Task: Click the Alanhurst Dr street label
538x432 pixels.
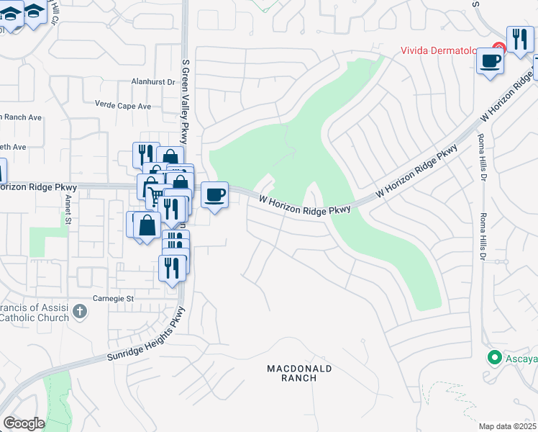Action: (153, 82)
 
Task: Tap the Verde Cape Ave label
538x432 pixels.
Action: (124, 106)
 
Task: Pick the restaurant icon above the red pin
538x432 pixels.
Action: (519, 39)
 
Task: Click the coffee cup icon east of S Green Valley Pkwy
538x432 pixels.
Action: (214, 195)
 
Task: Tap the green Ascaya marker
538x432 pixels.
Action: (494, 357)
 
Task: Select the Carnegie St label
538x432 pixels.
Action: (114, 298)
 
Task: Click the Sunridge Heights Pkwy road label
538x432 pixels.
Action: (147, 336)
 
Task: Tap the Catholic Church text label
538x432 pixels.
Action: (35, 317)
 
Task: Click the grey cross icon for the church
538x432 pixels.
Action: (80, 312)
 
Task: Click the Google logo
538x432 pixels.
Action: (24, 423)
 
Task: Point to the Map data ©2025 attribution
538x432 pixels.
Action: (508, 426)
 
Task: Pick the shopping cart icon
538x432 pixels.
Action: (155, 194)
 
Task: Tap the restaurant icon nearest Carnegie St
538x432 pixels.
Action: (172, 269)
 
